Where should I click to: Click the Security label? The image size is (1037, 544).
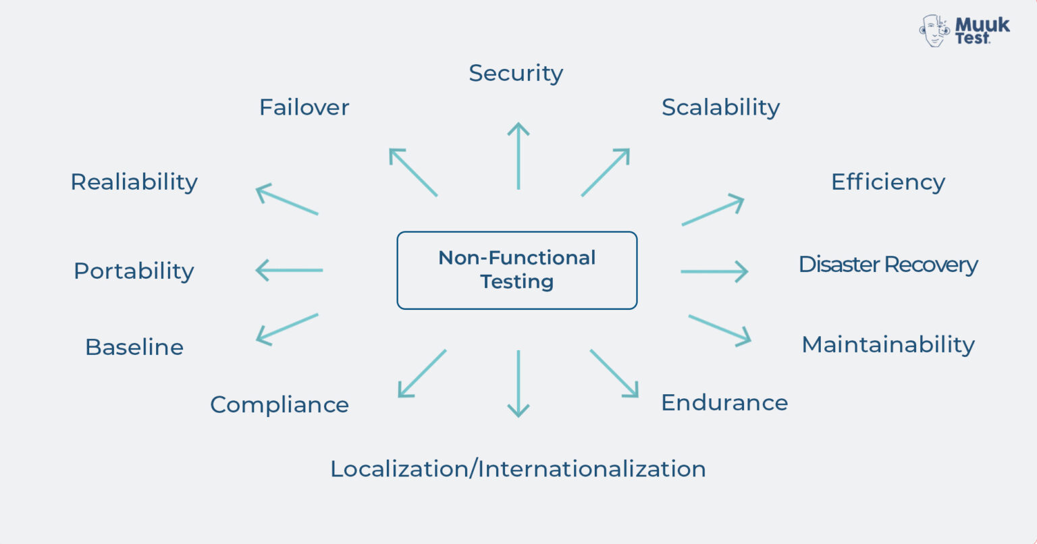[x=516, y=73]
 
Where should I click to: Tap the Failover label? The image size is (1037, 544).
[x=304, y=107]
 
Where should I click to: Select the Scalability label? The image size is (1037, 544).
[x=720, y=107]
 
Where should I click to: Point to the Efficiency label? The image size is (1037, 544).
[x=888, y=182]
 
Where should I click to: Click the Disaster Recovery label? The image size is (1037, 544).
[x=888, y=264]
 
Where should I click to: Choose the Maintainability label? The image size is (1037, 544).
[x=888, y=344]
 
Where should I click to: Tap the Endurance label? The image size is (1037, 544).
[x=724, y=402]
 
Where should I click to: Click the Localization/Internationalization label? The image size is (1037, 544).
[x=518, y=468]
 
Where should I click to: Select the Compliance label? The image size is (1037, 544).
[x=280, y=404]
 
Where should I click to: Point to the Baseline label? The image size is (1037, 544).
[x=134, y=347]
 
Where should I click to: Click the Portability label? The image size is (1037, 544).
[x=134, y=271]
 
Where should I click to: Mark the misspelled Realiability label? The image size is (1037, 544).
[x=134, y=182]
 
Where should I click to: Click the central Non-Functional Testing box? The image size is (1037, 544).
[x=517, y=270]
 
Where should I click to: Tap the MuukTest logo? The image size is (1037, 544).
[x=965, y=30]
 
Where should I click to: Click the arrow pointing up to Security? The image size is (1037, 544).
[x=518, y=156]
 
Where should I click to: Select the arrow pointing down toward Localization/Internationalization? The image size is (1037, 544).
[x=518, y=383]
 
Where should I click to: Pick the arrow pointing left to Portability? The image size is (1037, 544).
[x=290, y=271]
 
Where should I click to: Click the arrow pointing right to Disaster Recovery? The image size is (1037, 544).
[x=714, y=271]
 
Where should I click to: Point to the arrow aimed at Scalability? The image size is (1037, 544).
[x=605, y=173]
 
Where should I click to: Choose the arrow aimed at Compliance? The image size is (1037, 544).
[x=422, y=373]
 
